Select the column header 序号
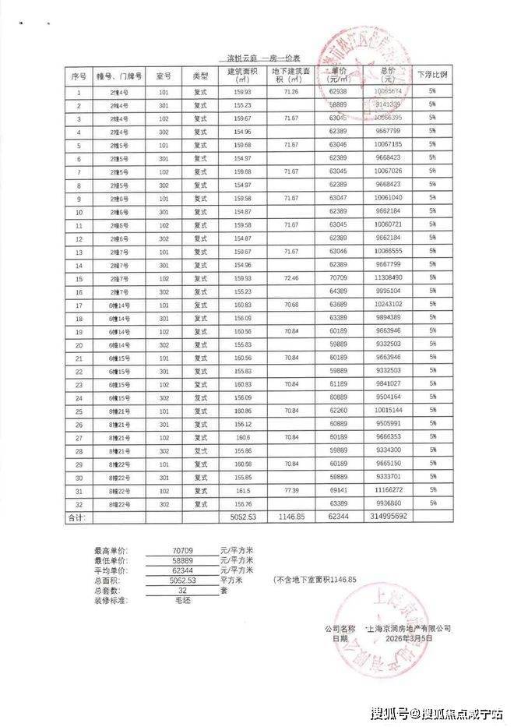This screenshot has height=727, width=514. tap(78, 76)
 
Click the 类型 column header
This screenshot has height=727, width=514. tap(201, 76)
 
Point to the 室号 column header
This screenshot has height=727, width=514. tap(163, 76)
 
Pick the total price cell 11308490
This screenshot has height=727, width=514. tap(387, 277)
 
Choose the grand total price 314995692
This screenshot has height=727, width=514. tap(388, 516)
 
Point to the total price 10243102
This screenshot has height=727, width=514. tap(387, 304)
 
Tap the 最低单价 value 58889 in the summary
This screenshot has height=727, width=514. tap(183, 560)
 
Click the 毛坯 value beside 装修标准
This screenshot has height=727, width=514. tap(183, 600)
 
